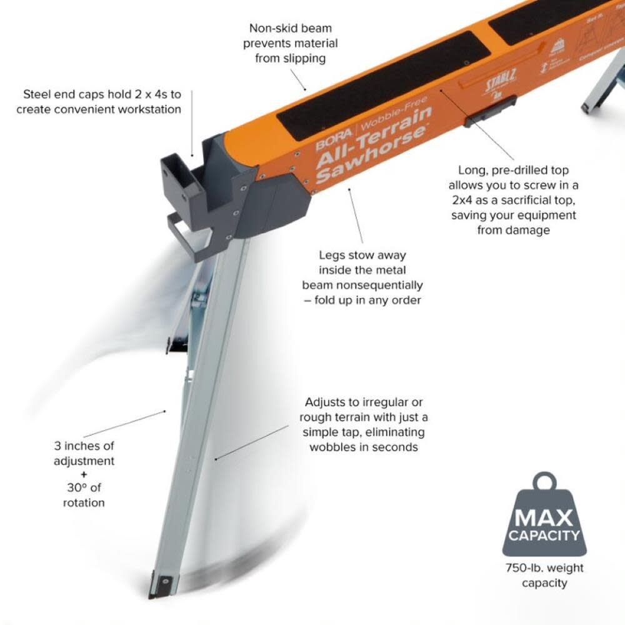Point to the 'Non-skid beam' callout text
pyautogui.click(x=291, y=43)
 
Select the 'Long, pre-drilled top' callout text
pyautogui.click(x=512, y=200)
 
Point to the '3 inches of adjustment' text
pyautogui.click(x=84, y=454)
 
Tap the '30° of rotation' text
pyautogui.click(x=84, y=494)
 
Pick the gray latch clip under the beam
pyautogui.click(x=490, y=111)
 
